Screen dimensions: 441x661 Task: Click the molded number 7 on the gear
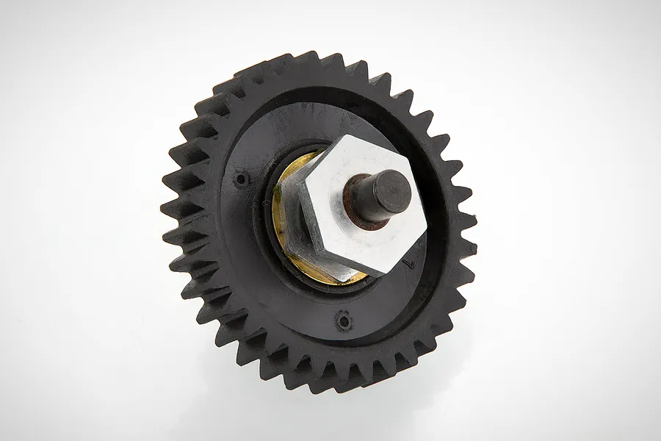pyautogui.click(x=411, y=257)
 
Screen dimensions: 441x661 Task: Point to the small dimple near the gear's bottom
pyautogui.click(x=341, y=320)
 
